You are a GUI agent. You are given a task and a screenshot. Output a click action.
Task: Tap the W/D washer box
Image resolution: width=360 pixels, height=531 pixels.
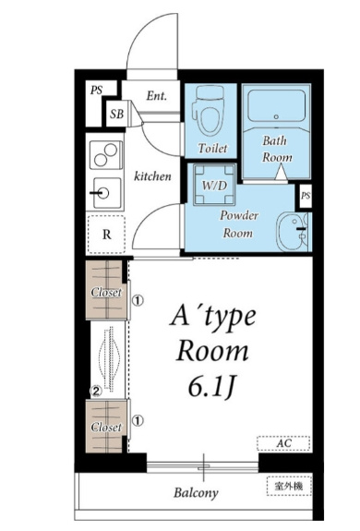(x=214, y=185)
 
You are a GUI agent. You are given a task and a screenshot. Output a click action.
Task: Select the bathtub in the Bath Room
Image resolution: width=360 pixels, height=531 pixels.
(x=276, y=105)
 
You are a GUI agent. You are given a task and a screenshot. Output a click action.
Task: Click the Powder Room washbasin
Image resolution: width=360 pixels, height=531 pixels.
(x=293, y=232)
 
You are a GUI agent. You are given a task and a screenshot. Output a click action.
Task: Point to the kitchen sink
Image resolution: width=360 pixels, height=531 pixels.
(x=106, y=193)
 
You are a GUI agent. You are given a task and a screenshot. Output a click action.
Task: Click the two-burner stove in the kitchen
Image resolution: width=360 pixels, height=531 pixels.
(x=106, y=155)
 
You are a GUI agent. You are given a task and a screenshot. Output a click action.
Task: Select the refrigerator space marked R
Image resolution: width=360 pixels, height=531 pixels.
(x=106, y=235)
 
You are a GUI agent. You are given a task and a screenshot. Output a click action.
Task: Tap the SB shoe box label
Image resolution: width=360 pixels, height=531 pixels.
(x=116, y=115)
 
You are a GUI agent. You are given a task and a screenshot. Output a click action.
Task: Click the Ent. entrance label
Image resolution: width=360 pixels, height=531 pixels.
(x=157, y=96)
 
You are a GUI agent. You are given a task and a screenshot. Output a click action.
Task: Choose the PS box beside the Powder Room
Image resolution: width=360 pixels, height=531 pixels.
(x=305, y=197)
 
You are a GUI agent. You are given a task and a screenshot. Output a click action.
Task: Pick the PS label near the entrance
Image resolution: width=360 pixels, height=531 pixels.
(x=96, y=91)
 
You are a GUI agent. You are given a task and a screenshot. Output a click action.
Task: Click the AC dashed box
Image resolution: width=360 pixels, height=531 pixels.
(x=283, y=443)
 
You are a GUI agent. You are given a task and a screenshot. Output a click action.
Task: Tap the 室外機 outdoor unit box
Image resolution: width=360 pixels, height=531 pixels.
(x=289, y=487)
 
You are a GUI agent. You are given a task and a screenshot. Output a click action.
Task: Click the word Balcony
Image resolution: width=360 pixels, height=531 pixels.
(x=196, y=493)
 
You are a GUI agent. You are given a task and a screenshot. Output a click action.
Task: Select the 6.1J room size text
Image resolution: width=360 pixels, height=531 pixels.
(x=211, y=387)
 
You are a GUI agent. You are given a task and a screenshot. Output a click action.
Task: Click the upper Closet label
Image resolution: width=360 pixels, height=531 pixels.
(x=106, y=292)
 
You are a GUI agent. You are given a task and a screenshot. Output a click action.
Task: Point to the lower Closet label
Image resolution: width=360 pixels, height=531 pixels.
(x=106, y=428)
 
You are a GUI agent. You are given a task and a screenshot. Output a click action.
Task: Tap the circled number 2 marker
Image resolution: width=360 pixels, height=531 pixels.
(x=96, y=392)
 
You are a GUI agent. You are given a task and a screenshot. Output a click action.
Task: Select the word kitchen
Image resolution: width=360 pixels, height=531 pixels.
(x=152, y=176)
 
